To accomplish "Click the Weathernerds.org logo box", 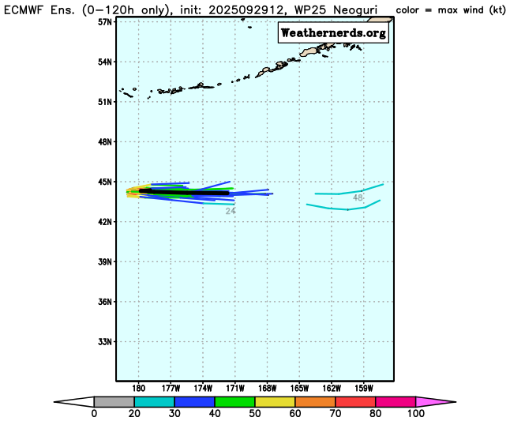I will [x=333, y=32].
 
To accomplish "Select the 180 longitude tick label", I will [x=139, y=388].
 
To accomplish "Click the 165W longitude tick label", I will [x=299, y=388].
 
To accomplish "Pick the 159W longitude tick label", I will [x=363, y=388].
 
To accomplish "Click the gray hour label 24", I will [x=231, y=211].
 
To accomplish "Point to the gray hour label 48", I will [x=358, y=197].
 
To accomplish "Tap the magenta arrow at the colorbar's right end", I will [x=435, y=401].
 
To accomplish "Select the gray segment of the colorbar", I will [x=114, y=401].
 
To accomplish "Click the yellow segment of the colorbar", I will [x=275, y=401].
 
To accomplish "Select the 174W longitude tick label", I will [x=203, y=388].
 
